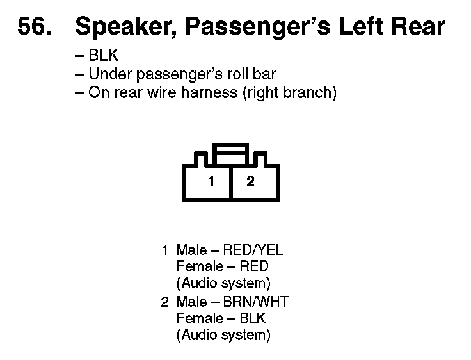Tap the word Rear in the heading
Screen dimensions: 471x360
(417, 27)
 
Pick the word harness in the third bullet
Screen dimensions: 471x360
(209, 92)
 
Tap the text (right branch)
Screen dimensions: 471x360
(289, 92)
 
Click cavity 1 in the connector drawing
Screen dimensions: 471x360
(211, 181)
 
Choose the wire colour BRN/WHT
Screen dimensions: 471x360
(256, 301)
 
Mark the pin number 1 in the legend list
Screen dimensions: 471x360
(164, 250)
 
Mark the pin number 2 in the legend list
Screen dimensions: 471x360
(164, 301)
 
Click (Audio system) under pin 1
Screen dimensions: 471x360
(223, 283)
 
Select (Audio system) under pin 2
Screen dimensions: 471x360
(223, 334)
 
